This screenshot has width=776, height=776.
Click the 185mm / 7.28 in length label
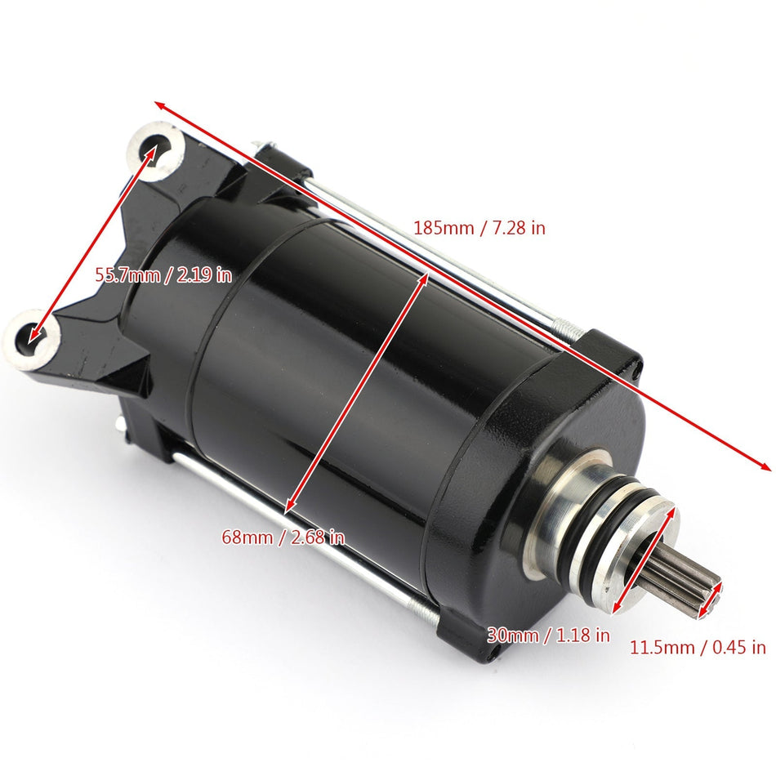click(479, 228)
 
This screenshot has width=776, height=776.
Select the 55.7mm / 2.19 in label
click(163, 274)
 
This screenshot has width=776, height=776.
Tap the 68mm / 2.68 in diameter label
click(283, 537)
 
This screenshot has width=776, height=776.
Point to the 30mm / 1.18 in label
click(548, 634)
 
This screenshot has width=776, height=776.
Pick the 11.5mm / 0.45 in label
click(698, 648)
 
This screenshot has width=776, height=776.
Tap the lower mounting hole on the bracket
click(33, 333)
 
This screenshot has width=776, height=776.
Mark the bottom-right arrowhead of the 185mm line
click(766, 467)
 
